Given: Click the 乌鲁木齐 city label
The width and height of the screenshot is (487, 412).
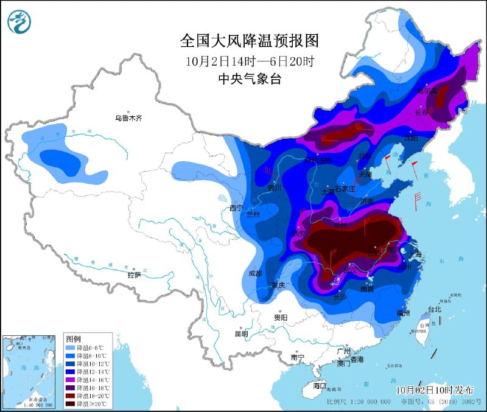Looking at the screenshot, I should pyautogui.click(x=128, y=118).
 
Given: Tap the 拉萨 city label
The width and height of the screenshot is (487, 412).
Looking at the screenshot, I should pyautogui.click(x=134, y=274).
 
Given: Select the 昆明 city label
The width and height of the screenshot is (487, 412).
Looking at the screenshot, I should pyautogui.click(x=241, y=333).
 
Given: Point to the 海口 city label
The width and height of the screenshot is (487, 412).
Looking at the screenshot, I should pyautogui.click(x=320, y=386).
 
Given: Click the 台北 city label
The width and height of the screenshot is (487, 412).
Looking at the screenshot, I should pyautogui.click(x=434, y=309).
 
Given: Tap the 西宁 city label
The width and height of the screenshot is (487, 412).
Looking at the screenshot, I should pyautogui.click(x=236, y=209).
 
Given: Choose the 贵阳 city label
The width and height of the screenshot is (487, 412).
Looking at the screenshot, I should pyautogui.click(x=281, y=317).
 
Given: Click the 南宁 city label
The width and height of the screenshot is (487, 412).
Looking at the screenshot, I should pyautogui.click(x=298, y=357).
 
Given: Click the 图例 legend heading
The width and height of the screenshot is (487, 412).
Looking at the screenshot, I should pyautogui.click(x=74, y=338).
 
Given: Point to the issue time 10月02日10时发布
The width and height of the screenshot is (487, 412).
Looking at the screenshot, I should pyautogui.click(x=431, y=389).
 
